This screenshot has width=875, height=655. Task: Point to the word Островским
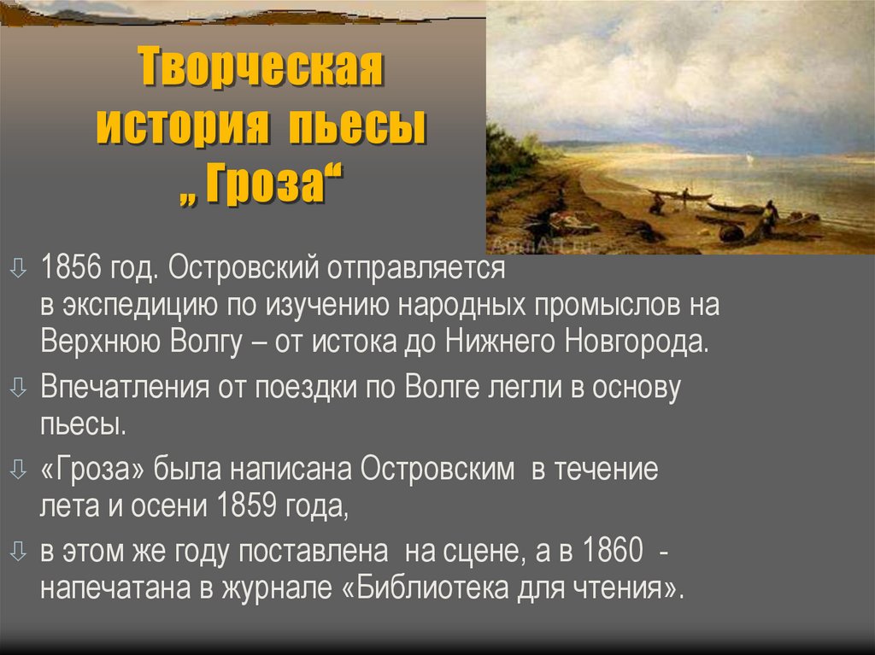[437, 469]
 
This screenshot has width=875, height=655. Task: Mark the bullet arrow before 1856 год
[19, 270]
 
